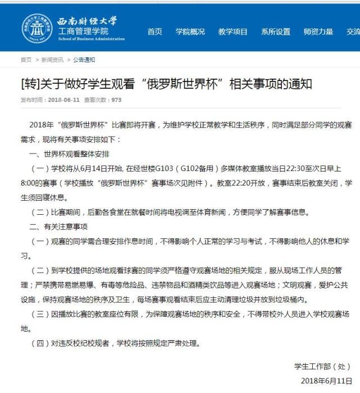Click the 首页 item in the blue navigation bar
[154, 31]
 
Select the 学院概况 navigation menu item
[190, 31]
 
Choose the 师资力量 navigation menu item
[318, 31]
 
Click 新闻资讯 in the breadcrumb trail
[52, 60]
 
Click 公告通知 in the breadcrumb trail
[84, 60]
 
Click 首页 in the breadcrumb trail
[26, 60]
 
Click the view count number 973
[116, 100]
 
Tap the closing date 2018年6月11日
[326, 381]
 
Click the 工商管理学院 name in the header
[84, 31]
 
